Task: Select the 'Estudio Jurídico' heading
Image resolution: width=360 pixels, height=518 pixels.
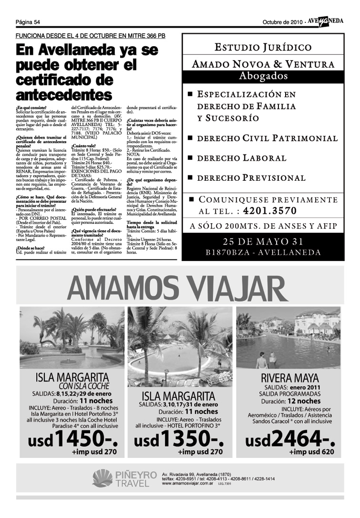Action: tap(263, 47)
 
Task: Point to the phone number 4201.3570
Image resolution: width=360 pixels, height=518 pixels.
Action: tap(269, 211)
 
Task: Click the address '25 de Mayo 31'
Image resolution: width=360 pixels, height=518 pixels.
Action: tap(263, 241)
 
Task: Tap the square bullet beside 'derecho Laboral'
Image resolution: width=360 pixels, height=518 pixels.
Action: tap(190, 158)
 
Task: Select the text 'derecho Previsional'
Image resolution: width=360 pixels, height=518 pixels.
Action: tap(251, 178)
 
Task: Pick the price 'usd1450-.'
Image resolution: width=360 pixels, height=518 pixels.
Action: tap(72, 439)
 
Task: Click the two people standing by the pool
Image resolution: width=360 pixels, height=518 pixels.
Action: tap(267, 361)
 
